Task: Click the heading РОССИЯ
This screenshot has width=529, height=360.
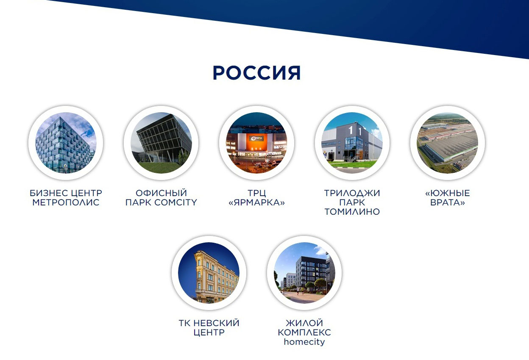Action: pos(257,73)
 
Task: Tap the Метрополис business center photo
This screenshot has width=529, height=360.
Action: pos(66,143)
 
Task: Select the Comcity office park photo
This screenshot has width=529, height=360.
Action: pos(161,143)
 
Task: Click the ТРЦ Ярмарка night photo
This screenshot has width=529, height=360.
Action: pos(257,143)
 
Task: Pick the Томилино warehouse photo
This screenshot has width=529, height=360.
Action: pos(352,143)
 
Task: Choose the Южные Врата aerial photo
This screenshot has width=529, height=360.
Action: pos(448,143)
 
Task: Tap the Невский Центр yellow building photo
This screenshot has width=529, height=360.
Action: pos(209,273)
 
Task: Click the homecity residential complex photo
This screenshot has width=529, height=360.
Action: pos(304,273)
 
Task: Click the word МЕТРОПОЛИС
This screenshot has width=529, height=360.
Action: pos(66,202)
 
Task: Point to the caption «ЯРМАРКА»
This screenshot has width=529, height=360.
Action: pos(257,202)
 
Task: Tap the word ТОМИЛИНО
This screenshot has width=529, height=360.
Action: pos(352,212)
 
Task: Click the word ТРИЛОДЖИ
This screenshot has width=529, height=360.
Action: pos(352,193)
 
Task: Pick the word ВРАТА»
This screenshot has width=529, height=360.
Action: pos(448,202)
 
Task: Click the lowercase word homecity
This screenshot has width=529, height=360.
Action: pos(304,342)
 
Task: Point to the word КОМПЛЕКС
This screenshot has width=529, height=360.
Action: pos(304,332)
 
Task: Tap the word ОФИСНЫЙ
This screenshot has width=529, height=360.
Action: pos(161,193)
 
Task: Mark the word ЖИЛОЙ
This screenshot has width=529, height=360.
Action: pos(304,323)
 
